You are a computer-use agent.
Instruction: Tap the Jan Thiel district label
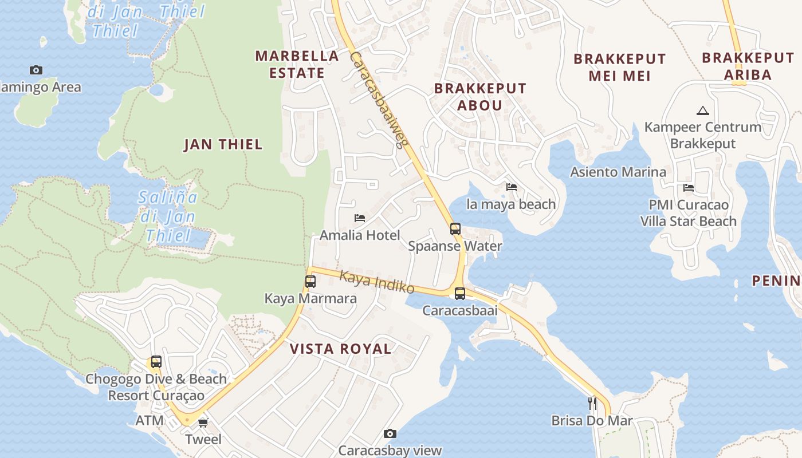[x=223, y=144]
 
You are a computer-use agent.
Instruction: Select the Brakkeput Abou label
[x=480, y=97]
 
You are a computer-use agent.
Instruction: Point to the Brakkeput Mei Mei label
[x=619, y=67]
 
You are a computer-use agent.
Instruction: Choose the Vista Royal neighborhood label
[x=340, y=349]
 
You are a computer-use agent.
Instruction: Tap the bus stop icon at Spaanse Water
[x=455, y=229]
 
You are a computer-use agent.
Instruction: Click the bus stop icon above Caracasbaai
[x=460, y=294]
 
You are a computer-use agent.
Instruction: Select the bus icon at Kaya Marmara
[x=310, y=282]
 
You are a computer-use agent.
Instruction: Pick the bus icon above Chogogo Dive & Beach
[x=156, y=362]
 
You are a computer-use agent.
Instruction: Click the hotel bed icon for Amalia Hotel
[x=360, y=218]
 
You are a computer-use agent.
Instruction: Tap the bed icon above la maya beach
[x=512, y=187]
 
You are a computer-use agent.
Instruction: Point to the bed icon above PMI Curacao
[x=689, y=188]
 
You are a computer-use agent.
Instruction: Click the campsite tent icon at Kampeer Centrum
[x=702, y=110]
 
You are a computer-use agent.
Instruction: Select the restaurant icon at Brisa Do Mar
[x=592, y=404]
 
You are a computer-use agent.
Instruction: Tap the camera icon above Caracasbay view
[x=390, y=434]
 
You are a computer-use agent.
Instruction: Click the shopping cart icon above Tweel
[x=203, y=423]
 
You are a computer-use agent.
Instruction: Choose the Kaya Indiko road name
[x=376, y=282]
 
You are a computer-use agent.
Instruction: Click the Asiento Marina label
[x=618, y=172]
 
